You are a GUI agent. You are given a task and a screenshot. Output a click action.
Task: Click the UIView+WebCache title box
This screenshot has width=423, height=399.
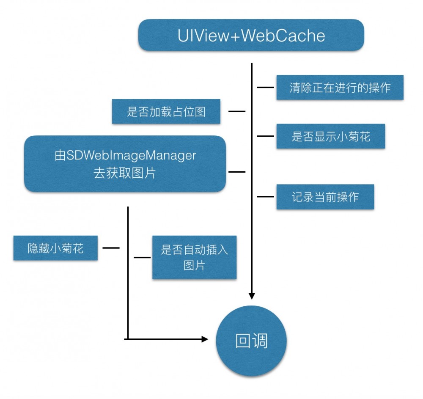coord(251,35)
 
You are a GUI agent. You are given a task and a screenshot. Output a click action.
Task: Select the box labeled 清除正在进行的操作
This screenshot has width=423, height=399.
coord(340,88)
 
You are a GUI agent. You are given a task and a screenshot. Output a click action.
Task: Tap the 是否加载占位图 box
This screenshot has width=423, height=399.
coord(166,112)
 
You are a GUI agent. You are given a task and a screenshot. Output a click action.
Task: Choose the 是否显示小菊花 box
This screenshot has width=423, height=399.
coord(330,136)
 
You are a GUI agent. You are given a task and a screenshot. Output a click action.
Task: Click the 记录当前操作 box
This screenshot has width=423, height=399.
coord(325,197)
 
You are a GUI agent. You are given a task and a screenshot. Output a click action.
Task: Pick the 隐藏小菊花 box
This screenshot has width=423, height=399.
coord(55,248)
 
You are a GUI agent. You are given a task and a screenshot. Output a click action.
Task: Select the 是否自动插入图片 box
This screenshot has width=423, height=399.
coord(194,257)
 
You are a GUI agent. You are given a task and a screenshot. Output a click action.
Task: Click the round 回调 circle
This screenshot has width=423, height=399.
coord(251,341)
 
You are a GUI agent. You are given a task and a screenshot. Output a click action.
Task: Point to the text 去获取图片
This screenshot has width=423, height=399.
coord(124,173)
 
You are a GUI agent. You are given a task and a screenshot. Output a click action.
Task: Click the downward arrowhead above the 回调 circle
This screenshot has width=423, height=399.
coord(252,296)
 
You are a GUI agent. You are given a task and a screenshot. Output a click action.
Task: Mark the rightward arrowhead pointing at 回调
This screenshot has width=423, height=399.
coord(205,339)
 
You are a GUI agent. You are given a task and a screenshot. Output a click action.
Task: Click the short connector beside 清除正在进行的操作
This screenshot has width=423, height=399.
coord(266,88)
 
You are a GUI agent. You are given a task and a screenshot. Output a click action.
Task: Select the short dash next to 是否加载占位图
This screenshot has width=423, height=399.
coord(237,112)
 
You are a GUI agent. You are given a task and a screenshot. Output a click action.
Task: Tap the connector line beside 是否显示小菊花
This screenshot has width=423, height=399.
coord(266,136)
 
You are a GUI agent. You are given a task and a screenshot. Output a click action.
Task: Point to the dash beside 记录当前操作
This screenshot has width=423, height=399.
coord(266,197)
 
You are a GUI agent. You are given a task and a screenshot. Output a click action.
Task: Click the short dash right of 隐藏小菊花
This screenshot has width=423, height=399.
coord(111,248)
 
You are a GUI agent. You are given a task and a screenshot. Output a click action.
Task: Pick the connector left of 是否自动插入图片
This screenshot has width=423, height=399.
coord(142,257)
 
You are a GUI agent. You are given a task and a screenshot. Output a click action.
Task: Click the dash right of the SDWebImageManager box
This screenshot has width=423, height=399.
coord(237,172)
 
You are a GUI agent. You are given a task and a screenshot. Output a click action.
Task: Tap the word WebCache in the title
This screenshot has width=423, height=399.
coord(283,36)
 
